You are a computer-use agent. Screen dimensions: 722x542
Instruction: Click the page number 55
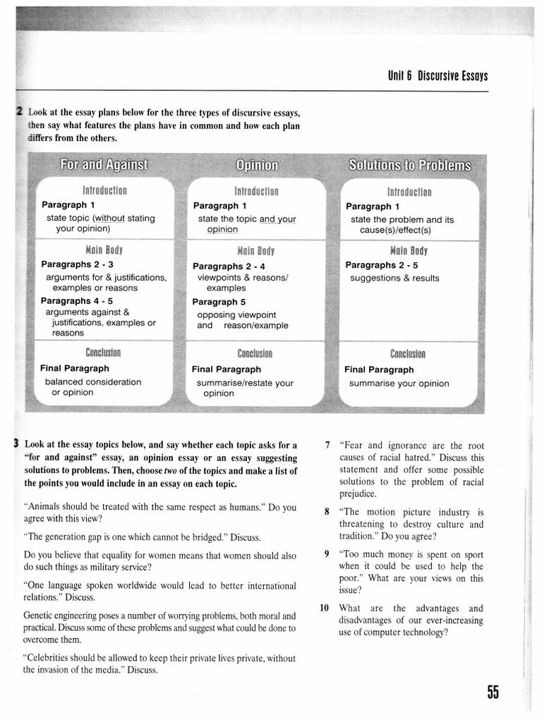tap(492, 692)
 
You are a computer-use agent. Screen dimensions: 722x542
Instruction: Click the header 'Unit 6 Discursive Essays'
tap(438, 76)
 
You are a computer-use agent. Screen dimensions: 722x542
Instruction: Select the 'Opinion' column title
tap(257, 166)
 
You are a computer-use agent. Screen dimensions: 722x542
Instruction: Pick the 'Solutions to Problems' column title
tap(409, 166)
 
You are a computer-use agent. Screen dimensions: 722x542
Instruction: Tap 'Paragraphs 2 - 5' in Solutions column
tap(382, 265)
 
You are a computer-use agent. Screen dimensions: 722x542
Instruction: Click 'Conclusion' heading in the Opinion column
tap(255, 354)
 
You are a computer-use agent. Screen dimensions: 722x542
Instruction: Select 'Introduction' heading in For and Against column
tap(104, 190)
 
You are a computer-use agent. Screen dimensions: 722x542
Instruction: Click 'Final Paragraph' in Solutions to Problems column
tap(379, 369)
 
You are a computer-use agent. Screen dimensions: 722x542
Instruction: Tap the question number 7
tap(327, 445)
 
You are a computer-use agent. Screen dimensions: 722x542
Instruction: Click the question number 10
tap(325, 608)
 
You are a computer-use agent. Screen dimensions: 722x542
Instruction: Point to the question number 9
tap(327, 553)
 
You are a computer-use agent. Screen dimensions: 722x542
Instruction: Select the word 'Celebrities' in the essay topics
tap(50, 658)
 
